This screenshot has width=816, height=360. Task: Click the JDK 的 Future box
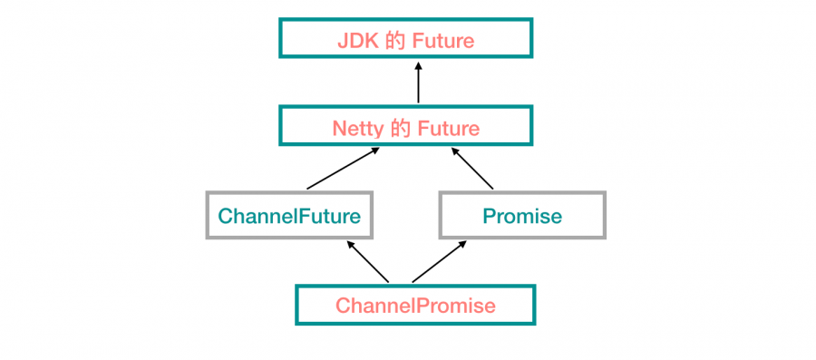pos(405,38)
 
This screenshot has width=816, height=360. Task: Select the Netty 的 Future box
pos(405,126)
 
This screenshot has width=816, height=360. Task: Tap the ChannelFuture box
pos(289,215)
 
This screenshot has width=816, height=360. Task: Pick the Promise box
pos(522,215)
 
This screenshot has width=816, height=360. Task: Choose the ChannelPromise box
pos(415,305)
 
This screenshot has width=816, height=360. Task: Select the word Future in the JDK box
pos(442,40)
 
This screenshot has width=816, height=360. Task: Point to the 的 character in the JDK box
pos(393,40)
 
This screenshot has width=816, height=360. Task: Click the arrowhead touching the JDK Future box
pos(418,64)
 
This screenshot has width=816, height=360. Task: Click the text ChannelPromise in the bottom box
pos(415,306)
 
